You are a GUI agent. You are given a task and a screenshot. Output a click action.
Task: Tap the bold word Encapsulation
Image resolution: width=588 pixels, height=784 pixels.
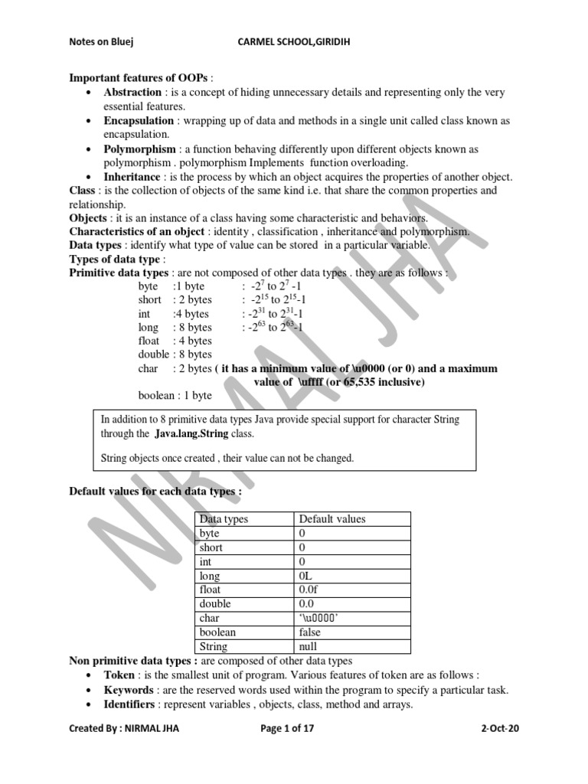tap(140, 121)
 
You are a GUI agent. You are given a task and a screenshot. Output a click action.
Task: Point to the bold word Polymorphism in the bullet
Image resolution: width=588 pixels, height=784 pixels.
tap(139, 149)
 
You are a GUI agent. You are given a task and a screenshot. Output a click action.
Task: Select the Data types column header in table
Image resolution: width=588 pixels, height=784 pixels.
tap(224, 518)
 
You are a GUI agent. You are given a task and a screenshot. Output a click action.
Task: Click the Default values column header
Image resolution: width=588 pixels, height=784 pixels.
tap(332, 518)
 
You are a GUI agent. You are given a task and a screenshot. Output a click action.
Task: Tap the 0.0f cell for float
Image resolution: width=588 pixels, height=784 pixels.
tap(309, 590)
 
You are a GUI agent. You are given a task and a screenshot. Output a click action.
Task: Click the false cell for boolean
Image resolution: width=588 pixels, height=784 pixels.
tap(310, 632)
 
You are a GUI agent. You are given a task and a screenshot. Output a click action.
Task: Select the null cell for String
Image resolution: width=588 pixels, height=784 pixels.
tap(308, 647)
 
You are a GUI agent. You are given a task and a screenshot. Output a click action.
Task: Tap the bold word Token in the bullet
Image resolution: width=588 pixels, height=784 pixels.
tap(119, 675)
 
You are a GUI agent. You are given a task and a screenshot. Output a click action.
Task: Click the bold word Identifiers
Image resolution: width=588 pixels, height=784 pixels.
tap(132, 704)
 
